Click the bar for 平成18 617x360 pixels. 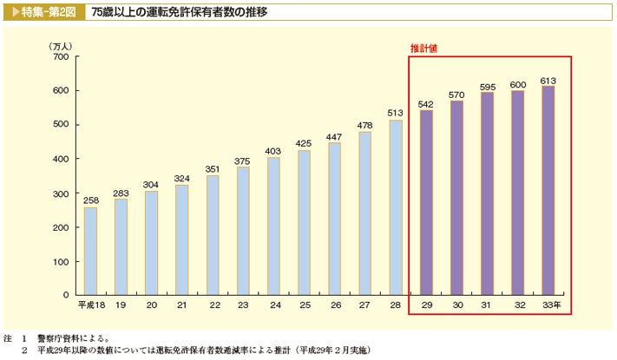click(x=90, y=252)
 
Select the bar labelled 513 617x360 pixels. click(x=396, y=208)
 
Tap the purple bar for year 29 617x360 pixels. click(x=425, y=203)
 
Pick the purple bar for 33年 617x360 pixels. click(x=548, y=191)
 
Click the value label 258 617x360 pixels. click(x=90, y=200)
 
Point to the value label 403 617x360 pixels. click(x=273, y=151)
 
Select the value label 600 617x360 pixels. click(x=518, y=84)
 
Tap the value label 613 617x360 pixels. click(x=548, y=80)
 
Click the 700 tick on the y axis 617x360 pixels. click(x=60, y=56)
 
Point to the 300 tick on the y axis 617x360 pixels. click(x=60, y=193)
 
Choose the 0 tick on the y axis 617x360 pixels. click(x=65, y=295)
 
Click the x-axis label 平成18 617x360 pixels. click(x=90, y=306)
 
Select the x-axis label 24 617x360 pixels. click(x=274, y=306)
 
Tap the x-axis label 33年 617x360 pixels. click(x=550, y=306)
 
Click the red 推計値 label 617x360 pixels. click(x=423, y=49)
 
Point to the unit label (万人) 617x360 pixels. click(x=62, y=45)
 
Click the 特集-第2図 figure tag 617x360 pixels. click(x=43, y=13)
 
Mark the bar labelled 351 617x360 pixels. click(x=213, y=235)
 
